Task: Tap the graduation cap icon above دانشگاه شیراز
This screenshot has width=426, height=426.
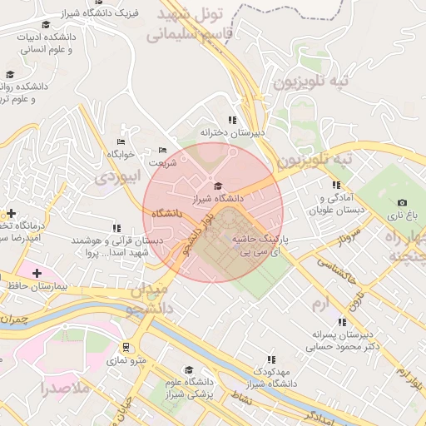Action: pos(218,186)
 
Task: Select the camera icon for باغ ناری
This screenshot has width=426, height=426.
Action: pos(403,202)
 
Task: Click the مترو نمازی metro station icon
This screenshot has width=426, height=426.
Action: pos(126,347)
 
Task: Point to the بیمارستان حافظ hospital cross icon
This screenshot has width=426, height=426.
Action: pos(36,273)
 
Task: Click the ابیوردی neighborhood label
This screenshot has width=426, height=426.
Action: pos(116,176)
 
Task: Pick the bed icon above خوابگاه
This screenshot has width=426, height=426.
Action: pos(121,141)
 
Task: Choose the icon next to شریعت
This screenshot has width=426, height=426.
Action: pos(162,151)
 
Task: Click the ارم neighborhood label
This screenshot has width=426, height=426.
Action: pos(319,305)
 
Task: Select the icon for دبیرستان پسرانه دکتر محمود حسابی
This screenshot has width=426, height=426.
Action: pos(341,322)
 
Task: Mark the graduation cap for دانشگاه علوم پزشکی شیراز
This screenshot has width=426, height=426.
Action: pos(188,369)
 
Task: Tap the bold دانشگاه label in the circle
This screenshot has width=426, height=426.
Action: pos(166,214)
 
